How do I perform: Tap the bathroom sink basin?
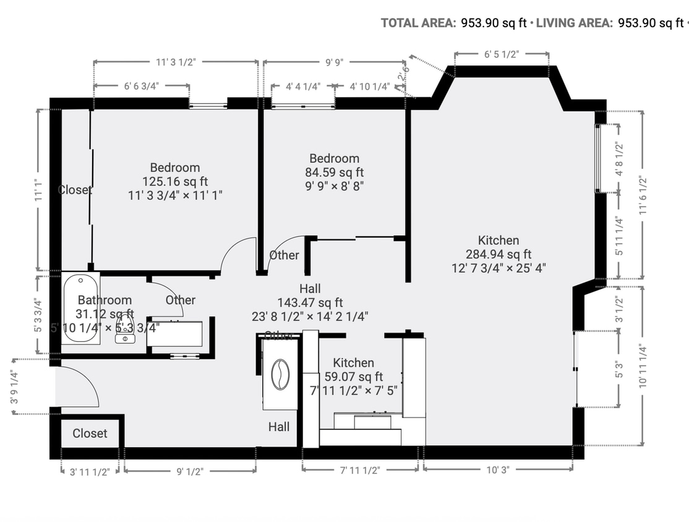126,338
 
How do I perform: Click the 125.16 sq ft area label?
174,181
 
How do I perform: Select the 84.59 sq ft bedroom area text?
334,172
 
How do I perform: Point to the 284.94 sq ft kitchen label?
498,254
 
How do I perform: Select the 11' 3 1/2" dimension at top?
176,62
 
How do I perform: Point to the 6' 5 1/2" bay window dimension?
501,54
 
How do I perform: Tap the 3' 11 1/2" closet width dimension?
90,472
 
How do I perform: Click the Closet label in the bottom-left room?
90,434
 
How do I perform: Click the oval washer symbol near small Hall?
280,375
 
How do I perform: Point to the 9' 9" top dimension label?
334,62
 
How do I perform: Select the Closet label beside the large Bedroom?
75,190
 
